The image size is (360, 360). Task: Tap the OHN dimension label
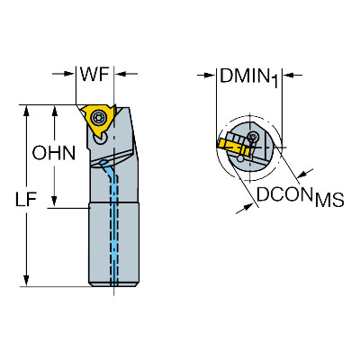click(54, 153)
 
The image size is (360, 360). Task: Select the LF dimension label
click(26, 200)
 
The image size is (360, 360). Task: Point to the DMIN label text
click(244, 76)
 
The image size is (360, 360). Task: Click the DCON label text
click(284, 194)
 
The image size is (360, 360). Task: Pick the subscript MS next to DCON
click(328, 200)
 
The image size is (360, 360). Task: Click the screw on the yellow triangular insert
click(98, 118)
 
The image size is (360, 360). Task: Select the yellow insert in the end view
click(232, 146)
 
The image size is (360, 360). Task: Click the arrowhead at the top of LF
click(26, 110)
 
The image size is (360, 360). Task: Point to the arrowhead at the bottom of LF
click(26, 281)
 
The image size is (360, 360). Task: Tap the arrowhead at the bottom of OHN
click(54, 202)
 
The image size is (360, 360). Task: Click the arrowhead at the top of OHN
click(54, 110)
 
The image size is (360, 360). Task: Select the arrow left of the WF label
click(64, 74)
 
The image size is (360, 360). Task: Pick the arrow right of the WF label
click(126, 74)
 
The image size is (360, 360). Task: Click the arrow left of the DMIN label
click(206, 76)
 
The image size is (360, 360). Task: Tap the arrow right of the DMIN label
click(292, 76)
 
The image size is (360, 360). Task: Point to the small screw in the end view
click(252, 137)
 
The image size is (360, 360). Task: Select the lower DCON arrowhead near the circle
click(247, 207)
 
